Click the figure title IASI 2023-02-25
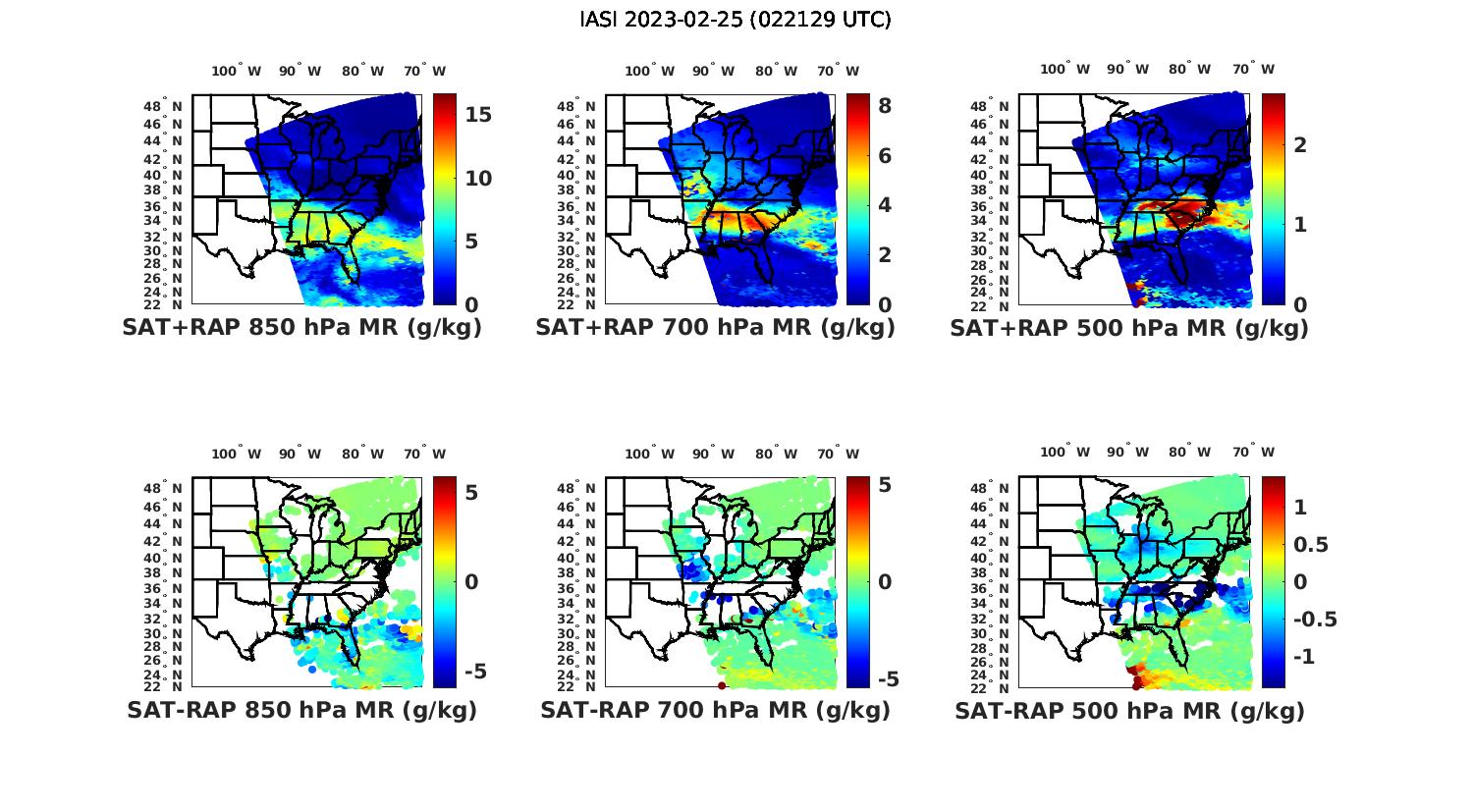pyautogui.click(x=736, y=19)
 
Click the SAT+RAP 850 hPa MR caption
pyautogui.click(x=301, y=328)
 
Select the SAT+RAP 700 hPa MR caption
pyautogui.click(x=715, y=328)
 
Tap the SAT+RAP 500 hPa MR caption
pyautogui.click(x=1129, y=328)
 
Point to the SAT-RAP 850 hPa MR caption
pyautogui.click(x=301, y=710)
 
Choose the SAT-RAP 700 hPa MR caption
pyautogui.click(x=715, y=710)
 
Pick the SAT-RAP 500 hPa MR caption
pyautogui.click(x=1129, y=710)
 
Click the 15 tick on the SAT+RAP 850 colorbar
pyautogui.click(x=478, y=115)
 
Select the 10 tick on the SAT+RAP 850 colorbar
pyautogui.click(x=478, y=179)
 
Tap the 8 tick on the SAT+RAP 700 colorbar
pyautogui.click(x=884, y=106)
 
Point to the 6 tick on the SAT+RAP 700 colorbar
pyautogui.click(x=884, y=156)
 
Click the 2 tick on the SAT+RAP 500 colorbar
pyautogui.click(x=1300, y=145)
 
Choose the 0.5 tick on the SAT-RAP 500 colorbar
pyautogui.click(x=1313, y=545)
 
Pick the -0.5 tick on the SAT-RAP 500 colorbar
pyautogui.click(x=1316, y=620)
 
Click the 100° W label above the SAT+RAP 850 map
pyautogui.click(x=237, y=71)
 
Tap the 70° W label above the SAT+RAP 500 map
pyautogui.click(x=1254, y=69)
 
